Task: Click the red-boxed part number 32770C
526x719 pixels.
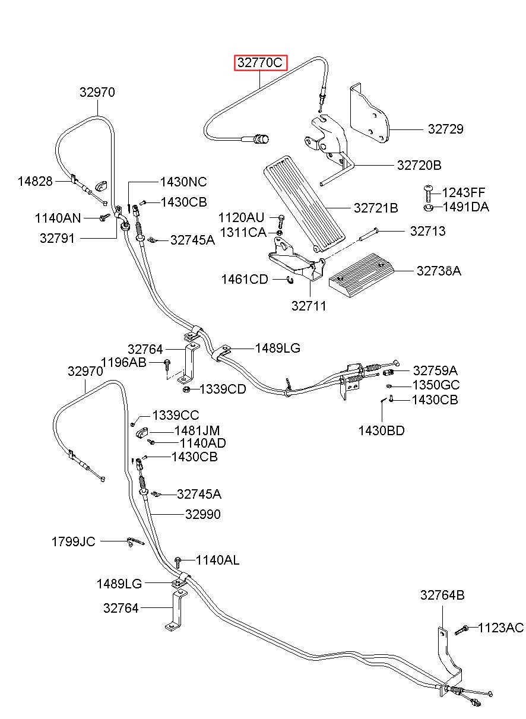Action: point(260,62)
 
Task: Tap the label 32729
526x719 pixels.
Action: point(445,129)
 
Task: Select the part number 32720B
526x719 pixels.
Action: point(419,165)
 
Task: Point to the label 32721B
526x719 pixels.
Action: point(375,208)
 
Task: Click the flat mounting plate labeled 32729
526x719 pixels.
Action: point(369,113)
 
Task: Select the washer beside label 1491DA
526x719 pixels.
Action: point(428,207)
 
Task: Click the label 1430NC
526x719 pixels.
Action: point(183,182)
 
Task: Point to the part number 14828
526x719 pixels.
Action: point(35,181)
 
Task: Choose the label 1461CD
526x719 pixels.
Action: point(245,279)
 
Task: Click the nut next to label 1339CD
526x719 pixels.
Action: point(186,389)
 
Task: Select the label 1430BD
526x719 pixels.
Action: point(381,431)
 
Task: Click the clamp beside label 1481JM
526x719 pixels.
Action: point(141,433)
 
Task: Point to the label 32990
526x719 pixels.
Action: point(203,514)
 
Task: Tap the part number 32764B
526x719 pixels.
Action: point(442,596)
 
